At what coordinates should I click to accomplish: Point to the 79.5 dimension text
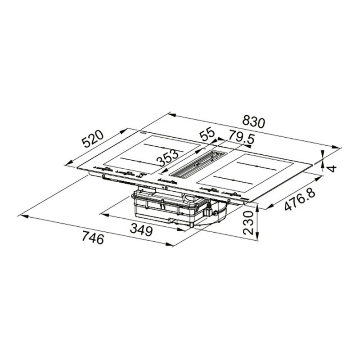point(242,137)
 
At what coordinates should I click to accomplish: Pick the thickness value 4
point(333,168)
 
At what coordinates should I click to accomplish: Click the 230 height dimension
point(248,222)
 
